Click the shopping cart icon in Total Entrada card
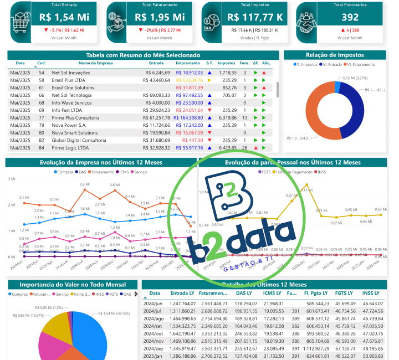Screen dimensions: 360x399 22,22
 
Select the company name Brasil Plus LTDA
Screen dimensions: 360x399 71,80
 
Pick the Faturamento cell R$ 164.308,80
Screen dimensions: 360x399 188,118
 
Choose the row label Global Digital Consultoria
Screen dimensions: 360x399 78,140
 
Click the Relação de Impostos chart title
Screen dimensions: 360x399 334,55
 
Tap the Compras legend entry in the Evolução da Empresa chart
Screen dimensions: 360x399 65,172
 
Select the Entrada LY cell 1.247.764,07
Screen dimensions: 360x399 182,303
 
